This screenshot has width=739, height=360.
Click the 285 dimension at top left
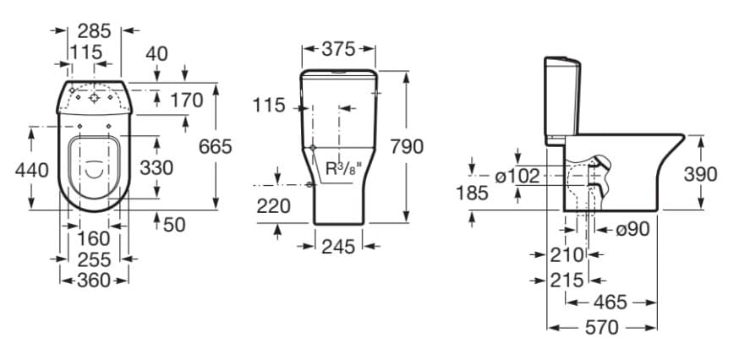94,30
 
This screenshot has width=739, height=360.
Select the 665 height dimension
215,146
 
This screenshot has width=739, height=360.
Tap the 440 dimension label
32,169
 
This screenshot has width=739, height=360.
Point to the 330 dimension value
156,167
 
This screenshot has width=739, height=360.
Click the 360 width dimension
94,280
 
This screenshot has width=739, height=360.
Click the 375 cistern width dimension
338,49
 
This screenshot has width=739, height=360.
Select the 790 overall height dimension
407,146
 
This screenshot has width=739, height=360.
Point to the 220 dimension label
273,205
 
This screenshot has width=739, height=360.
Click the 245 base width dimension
338,247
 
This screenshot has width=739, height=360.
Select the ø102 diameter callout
517,176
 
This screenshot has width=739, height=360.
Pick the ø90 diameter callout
632,228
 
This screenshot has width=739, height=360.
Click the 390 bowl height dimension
700,174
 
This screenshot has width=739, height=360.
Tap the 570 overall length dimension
601,326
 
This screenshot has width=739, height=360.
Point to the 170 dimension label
186,101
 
